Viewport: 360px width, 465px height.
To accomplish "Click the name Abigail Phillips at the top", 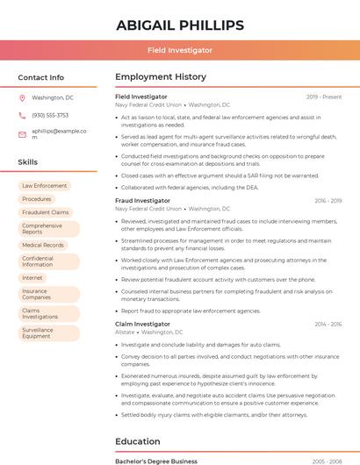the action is [179, 25].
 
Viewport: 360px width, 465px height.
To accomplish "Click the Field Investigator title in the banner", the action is [179, 50].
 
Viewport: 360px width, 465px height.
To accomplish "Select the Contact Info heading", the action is [40, 77].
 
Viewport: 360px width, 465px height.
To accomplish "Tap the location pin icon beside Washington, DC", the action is [22, 98].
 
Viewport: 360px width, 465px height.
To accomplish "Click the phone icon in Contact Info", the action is [22, 115].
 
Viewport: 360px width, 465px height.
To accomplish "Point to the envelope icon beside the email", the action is [22, 132].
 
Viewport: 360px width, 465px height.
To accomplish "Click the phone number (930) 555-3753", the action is [50, 115].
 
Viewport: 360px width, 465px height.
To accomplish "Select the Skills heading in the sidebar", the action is [28, 162].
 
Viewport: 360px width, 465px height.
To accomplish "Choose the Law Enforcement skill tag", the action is [44, 186].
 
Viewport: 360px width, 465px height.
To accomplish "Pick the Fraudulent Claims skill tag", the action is [46, 212].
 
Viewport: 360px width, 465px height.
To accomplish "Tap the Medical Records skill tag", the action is [43, 246].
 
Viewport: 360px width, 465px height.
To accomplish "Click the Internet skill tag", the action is [32, 278].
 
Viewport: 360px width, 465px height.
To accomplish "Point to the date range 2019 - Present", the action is [324, 97].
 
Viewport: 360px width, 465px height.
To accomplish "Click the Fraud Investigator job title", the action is [142, 201].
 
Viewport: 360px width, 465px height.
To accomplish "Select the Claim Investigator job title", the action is [142, 324].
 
